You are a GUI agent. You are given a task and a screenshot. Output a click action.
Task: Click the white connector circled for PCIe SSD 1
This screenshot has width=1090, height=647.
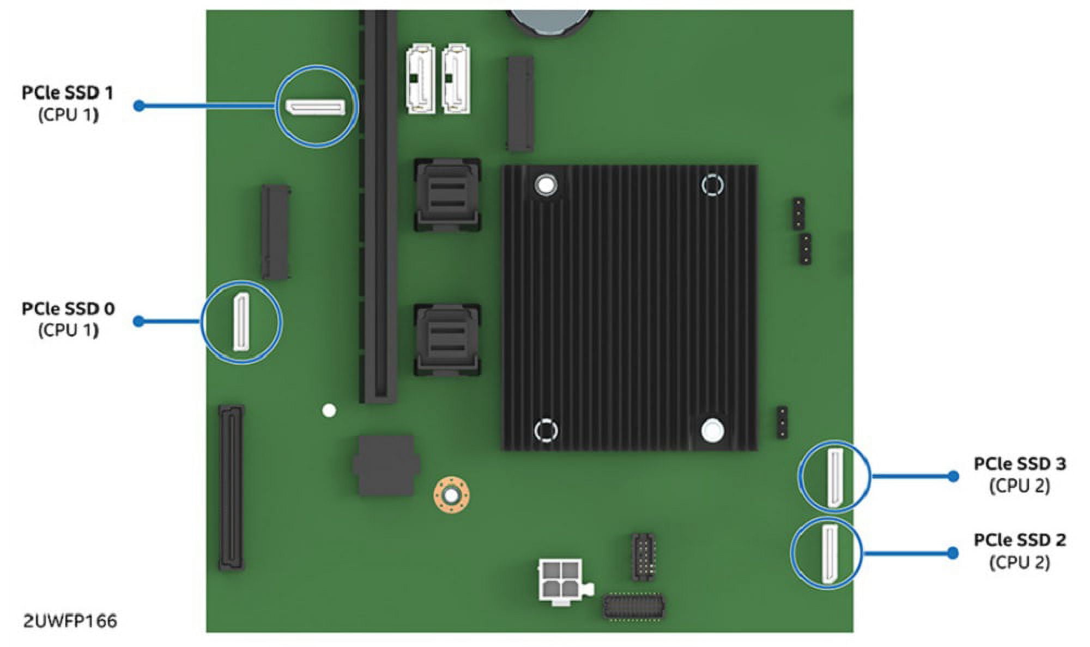point(316,107)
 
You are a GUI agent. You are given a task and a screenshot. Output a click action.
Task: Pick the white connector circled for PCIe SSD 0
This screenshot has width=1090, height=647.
point(241,322)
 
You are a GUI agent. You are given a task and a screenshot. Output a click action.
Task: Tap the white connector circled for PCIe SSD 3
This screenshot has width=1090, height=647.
point(834,477)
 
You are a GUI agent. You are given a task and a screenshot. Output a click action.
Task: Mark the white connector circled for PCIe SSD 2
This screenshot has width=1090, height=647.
point(829,553)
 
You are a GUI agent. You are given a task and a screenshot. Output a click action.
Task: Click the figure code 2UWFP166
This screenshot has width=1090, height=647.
point(70,621)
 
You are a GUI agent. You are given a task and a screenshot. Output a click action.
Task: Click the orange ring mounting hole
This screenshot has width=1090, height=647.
point(451,495)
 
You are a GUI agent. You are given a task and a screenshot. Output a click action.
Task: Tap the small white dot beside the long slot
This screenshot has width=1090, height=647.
point(329,411)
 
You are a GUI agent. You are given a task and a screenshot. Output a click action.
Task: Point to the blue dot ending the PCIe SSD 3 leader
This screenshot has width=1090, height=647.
point(953,476)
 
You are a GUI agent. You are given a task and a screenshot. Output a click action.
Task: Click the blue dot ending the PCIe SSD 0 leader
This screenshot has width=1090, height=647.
point(139,321)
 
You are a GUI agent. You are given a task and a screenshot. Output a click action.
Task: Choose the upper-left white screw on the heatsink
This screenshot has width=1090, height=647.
point(546,185)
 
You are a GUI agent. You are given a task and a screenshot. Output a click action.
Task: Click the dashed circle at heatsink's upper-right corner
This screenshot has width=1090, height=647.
point(712,185)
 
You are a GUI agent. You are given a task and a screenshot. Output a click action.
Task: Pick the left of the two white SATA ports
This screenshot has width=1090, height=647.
point(420,79)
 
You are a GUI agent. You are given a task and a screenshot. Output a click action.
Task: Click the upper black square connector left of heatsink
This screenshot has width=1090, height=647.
point(447,194)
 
